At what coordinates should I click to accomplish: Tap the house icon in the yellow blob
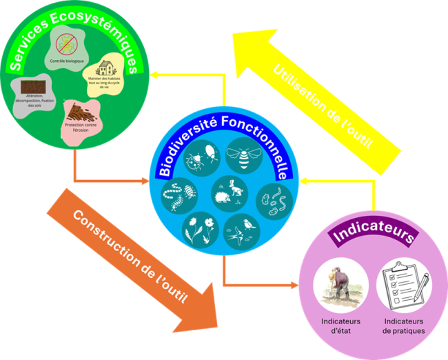(x=108, y=68)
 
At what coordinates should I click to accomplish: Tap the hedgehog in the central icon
(x=224, y=197)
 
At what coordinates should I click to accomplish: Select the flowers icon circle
(x=199, y=228)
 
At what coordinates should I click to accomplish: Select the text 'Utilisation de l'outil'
(x=325, y=106)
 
